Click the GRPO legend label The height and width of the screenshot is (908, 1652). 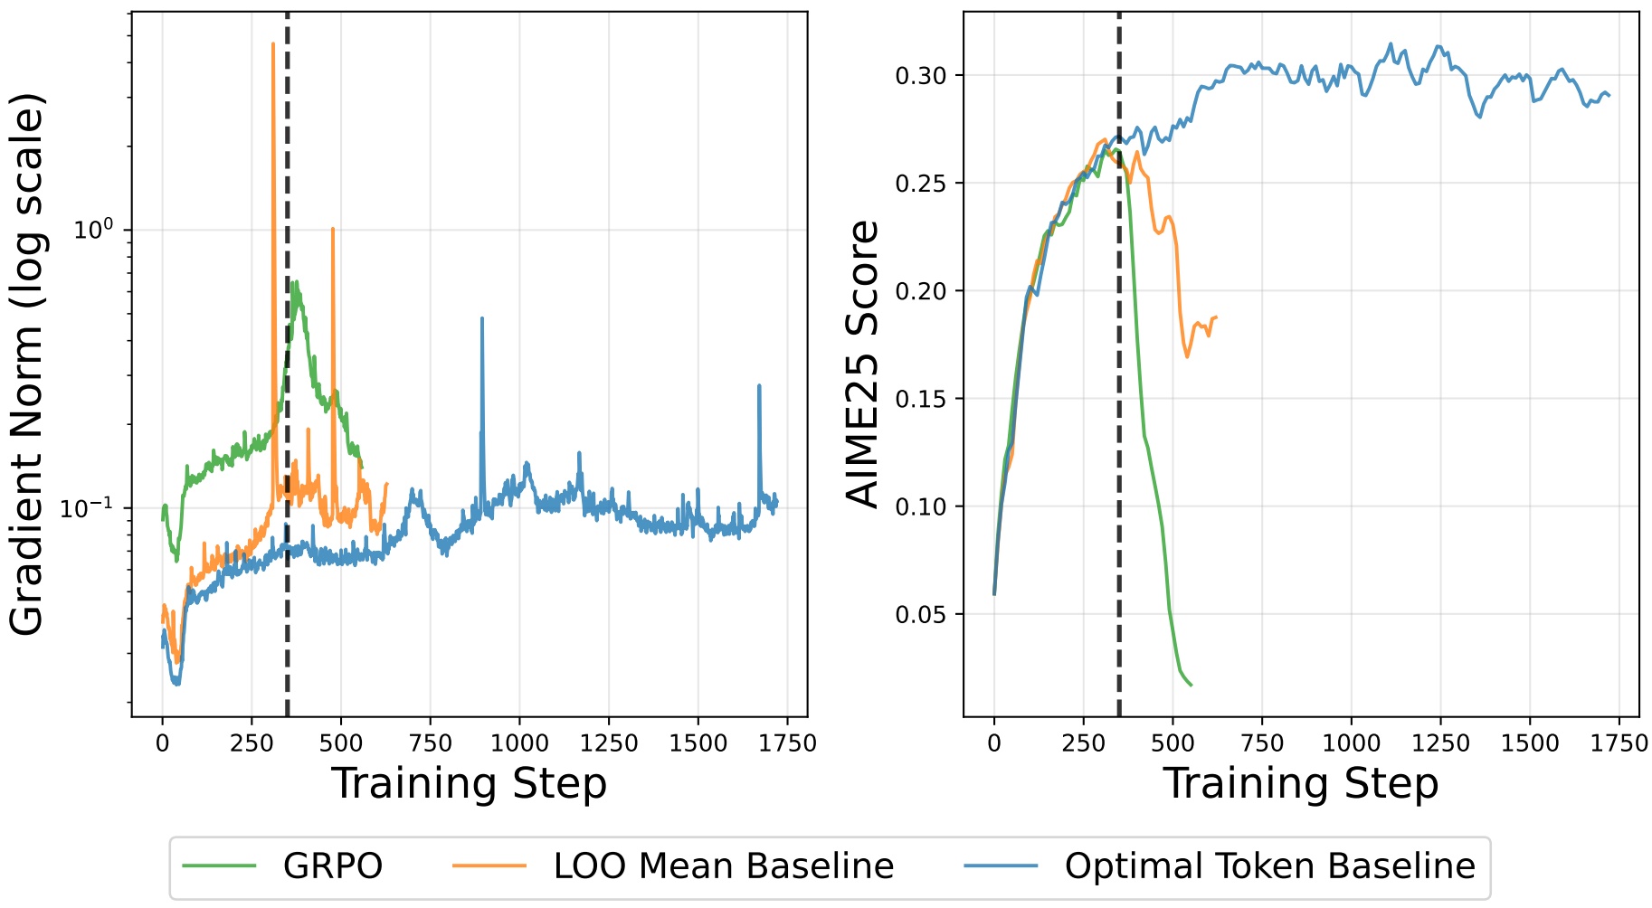(x=333, y=866)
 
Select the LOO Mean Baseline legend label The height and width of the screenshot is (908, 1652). (x=723, y=866)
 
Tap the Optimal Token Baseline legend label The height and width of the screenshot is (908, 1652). (x=1269, y=866)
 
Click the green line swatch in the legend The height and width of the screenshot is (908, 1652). (x=220, y=866)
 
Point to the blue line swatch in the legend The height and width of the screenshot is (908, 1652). (x=1001, y=866)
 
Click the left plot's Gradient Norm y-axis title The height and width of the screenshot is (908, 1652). (x=27, y=364)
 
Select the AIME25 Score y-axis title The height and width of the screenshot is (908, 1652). (x=861, y=364)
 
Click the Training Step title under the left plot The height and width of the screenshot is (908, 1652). (x=469, y=783)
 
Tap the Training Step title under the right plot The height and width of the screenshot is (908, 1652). (x=1300, y=783)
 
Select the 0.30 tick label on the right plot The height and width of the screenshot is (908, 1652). (x=921, y=75)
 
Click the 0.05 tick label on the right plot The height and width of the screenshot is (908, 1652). (x=921, y=615)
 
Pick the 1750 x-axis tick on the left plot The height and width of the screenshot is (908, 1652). (x=785, y=743)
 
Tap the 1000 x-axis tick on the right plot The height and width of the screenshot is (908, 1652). (x=1351, y=743)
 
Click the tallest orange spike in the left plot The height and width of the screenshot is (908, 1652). (x=273, y=43)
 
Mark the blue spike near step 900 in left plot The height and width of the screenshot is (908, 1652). (x=482, y=318)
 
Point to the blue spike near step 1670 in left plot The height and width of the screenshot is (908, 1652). (x=759, y=386)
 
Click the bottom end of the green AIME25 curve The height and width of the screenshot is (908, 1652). (x=1191, y=685)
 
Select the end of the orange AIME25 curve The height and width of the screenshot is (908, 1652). (x=1217, y=317)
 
